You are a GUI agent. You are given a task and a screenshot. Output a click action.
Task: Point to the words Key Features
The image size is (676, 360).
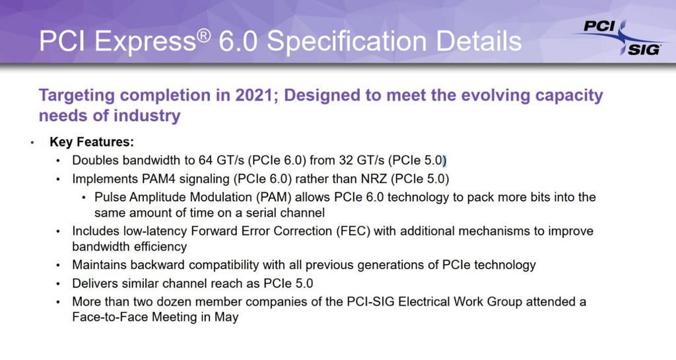coord(92,142)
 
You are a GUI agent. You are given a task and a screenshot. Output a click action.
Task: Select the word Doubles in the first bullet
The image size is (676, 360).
coord(94,161)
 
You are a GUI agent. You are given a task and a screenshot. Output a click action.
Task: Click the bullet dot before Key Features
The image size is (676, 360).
coord(32,143)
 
